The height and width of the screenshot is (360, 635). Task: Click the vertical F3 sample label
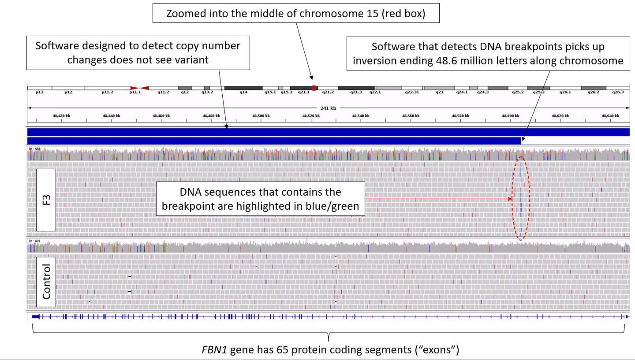tap(46, 200)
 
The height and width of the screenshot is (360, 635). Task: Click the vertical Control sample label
tap(46, 282)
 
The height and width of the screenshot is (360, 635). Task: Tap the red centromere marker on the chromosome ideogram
tap(139, 88)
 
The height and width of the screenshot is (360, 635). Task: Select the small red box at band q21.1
tap(314, 88)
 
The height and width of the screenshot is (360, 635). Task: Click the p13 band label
tap(39, 93)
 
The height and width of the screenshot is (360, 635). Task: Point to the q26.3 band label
tap(618, 93)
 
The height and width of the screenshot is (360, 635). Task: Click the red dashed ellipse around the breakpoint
tap(512, 198)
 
